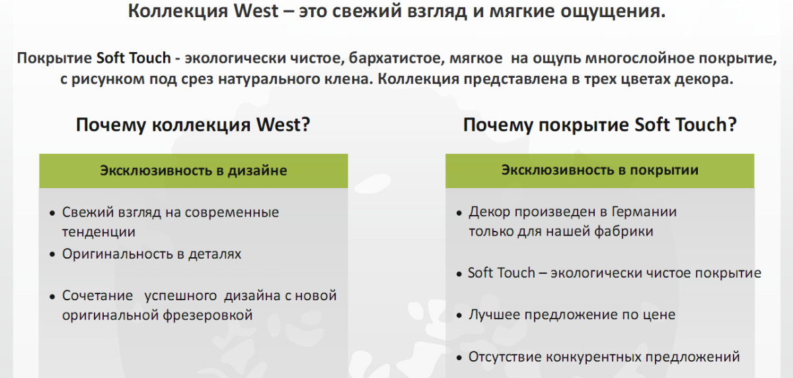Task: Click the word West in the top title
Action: click(x=256, y=11)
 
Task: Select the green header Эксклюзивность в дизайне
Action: click(x=193, y=171)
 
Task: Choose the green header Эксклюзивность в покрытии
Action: click(x=600, y=171)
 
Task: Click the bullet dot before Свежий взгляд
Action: click(x=52, y=213)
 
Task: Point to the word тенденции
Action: click(x=98, y=232)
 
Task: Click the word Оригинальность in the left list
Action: click(x=117, y=254)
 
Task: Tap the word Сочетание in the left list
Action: click(x=97, y=296)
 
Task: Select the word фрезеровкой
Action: click(x=208, y=315)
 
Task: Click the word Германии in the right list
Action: click(x=644, y=212)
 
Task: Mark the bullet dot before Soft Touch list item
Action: click(x=459, y=274)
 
